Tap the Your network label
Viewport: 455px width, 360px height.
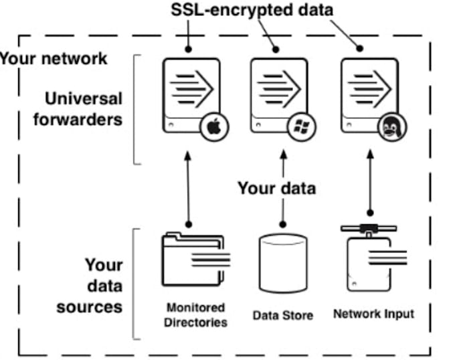click(54, 58)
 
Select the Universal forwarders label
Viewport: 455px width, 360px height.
click(84, 109)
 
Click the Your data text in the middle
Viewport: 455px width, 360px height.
click(276, 188)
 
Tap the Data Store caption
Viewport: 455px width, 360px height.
click(282, 314)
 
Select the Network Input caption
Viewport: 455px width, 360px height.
click(373, 313)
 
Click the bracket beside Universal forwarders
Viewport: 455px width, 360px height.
click(136, 110)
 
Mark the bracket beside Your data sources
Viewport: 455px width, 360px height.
click(136, 284)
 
